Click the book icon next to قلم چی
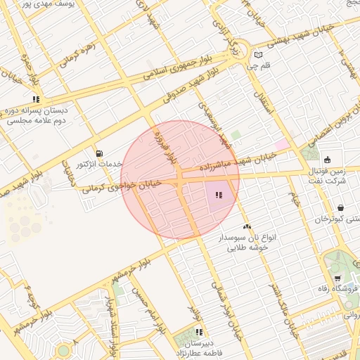[259, 55]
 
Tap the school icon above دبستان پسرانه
[36, 99]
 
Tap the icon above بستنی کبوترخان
[341, 208]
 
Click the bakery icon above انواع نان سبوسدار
[247, 226]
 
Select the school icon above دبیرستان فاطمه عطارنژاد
[199, 331]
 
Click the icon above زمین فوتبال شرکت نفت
[328, 159]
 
